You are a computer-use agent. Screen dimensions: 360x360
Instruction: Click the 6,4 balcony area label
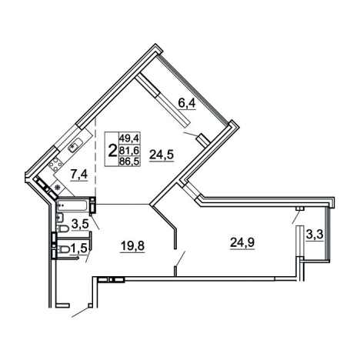pos(187,103)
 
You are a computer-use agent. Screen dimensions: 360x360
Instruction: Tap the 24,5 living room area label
pos(162,155)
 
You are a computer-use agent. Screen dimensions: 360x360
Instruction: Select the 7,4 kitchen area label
pos(79,175)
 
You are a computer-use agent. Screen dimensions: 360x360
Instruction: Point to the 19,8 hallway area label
pos(132,246)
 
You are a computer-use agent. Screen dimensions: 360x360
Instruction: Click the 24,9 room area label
pos(242,242)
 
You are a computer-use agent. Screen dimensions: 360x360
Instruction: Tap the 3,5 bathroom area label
pos(80,224)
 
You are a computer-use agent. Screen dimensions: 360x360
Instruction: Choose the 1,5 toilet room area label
pos(80,248)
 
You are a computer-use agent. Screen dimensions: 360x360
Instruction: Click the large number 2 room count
pos(112,150)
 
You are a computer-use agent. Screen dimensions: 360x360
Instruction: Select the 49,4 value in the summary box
pos(128,138)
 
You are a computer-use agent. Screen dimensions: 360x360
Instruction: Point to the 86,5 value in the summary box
pos(128,162)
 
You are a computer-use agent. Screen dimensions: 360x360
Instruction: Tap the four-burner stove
pos(55,165)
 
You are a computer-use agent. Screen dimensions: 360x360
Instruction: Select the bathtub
pos(73,205)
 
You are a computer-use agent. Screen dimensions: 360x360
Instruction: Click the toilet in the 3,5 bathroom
pos(63,228)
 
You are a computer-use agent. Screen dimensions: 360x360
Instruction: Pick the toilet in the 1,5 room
pos(63,249)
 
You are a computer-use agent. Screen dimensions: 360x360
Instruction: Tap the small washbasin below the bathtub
pos(59,218)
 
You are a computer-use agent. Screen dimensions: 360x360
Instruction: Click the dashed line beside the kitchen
pos(95,157)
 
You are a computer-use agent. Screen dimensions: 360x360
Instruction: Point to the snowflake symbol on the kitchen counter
pos(58,188)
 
